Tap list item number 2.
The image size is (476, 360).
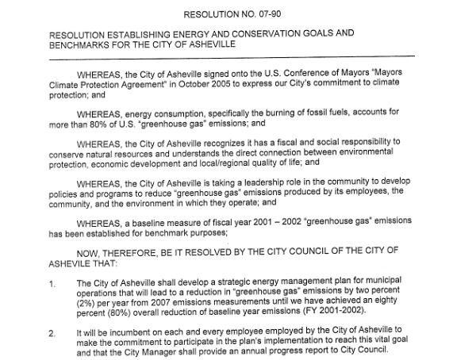(52, 333)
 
